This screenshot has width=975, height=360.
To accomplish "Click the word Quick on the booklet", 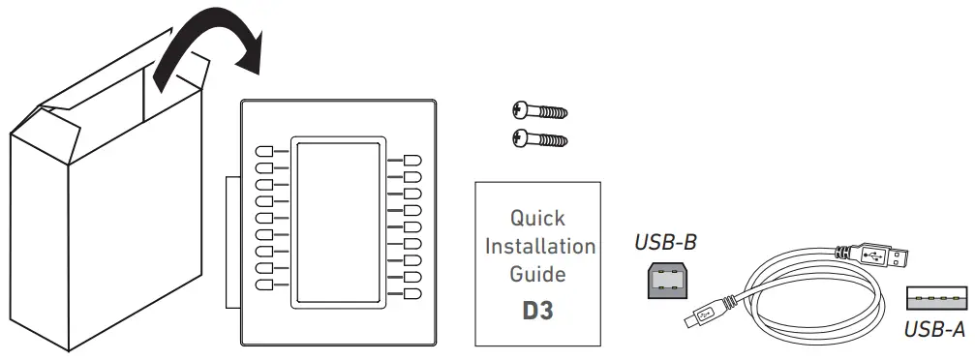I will coord(537,218).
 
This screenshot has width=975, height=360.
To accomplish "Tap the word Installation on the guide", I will coord(540,246).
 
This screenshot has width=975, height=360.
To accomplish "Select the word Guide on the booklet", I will coord(537,274).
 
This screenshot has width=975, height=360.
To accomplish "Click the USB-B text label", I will coord(665,242).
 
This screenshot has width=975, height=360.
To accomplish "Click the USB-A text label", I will coord(933,331).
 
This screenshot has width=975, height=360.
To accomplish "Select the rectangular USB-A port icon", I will coord(934,298).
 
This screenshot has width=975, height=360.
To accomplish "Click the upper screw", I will coord(537,111).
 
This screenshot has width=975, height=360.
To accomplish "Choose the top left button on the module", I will coord(264,152).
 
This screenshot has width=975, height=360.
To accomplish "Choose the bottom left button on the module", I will coord(264,285).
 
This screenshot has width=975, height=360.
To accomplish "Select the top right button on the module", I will coord(411,161).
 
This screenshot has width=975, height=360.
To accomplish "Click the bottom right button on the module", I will coord(411,293).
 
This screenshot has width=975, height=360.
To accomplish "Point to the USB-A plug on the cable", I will coord(882,258).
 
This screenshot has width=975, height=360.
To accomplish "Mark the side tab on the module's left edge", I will coord(232,242).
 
